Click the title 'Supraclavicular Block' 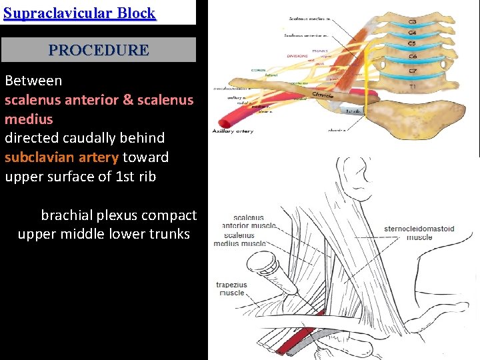point(79,13)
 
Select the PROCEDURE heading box point(99,50)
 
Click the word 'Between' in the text point(33,81)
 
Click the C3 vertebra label point(413,22)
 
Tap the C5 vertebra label point(413,44)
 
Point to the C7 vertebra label point(413,70)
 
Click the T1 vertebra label point(411,86)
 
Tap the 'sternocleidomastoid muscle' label point(419,233)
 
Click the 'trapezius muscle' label point(231,289)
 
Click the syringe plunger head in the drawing point(269,261)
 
